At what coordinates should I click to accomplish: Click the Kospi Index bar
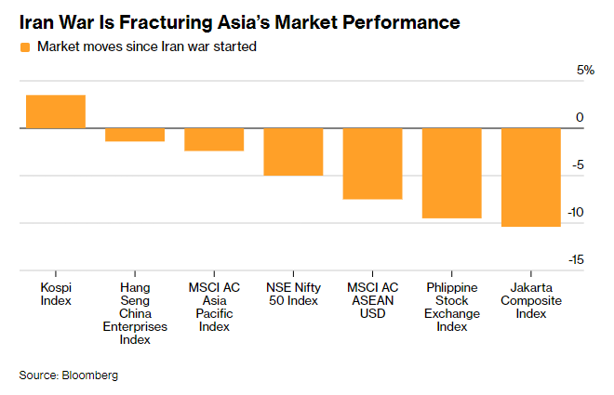click(56, 112)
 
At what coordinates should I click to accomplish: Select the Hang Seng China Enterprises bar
click(135, 135)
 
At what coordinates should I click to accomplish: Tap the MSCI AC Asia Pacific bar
click(214, 139)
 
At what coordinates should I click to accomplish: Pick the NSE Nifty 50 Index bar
click(293, 151)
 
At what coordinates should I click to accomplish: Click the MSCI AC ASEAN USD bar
click(372, 164)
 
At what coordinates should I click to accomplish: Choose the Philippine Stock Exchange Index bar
click(452, 173)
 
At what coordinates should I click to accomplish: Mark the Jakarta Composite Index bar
click(531, 178)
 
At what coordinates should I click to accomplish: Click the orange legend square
click(25, 46)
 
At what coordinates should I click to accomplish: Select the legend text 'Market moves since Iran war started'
click(146, 46)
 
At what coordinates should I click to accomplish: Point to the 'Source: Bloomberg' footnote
click(69, 375)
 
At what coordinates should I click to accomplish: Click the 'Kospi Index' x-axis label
click(56, 294)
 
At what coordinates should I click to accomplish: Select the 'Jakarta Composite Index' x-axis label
click(531, 300)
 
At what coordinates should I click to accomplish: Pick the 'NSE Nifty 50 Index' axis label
click(293, 294)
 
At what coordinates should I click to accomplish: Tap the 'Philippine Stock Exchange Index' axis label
click(452, 307)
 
